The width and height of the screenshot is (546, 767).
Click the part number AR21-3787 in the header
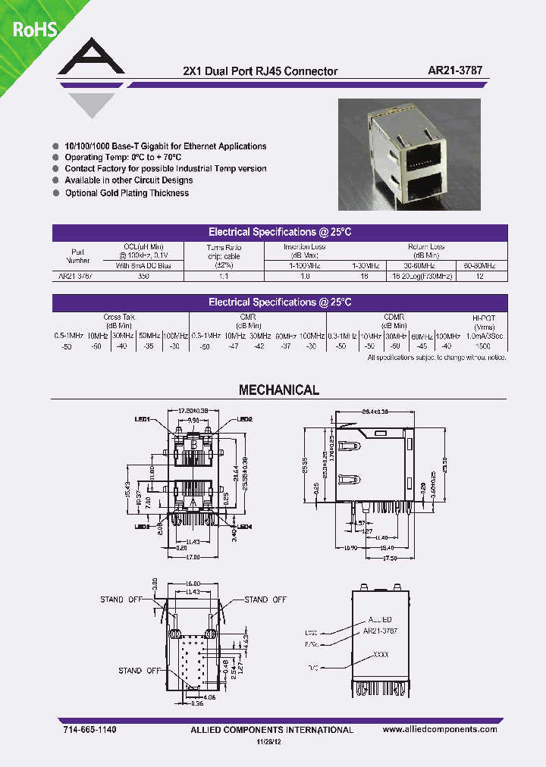456,70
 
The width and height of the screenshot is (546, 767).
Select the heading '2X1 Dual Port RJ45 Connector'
260,71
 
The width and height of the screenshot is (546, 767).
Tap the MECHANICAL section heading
279,390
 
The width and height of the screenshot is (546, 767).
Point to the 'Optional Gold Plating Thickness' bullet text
127,193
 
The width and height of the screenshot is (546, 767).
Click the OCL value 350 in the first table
143,277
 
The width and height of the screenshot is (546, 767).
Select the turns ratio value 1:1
224,277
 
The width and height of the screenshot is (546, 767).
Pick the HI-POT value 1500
483,345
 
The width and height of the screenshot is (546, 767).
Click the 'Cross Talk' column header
118,318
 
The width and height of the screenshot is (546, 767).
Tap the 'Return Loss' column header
426,247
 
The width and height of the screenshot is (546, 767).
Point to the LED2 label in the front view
244,418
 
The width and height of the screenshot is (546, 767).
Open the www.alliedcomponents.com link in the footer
440,729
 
